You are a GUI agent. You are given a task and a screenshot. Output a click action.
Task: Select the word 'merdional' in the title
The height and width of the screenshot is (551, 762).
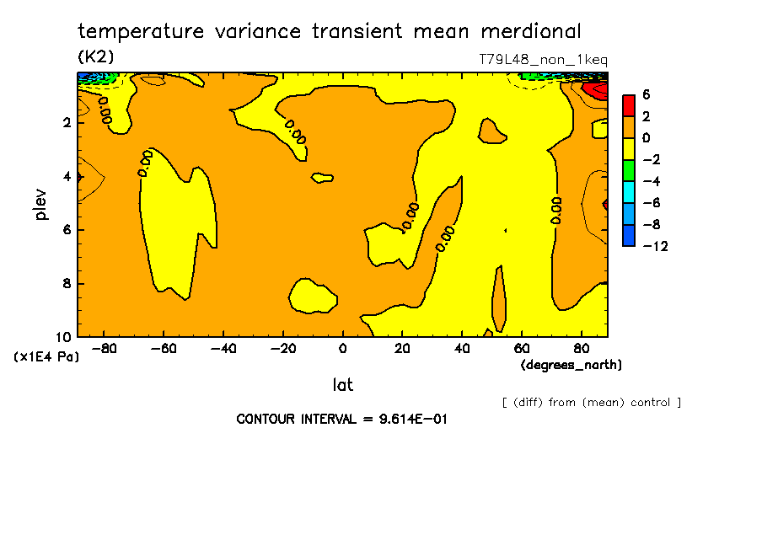click(531, 32)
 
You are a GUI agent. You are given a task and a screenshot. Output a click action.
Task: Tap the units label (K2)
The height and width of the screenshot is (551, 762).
click(95, 56)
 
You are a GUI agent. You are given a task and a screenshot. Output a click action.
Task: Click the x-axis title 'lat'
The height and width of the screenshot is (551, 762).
click(342, 385)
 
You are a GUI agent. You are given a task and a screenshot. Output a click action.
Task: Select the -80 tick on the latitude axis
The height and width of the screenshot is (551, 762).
click(104, 348)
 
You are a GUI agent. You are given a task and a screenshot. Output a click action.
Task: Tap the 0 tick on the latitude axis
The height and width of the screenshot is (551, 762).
click(343, 348)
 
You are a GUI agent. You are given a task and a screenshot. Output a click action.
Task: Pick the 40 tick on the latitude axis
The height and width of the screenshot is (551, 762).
click(462, 348)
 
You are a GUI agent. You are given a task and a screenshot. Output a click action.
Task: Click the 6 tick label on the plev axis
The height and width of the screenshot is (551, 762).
click(67, 230)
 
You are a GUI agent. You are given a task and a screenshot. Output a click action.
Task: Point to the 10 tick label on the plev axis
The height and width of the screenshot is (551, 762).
click(64, 336)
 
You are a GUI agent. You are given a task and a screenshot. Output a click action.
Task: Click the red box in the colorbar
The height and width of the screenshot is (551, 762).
click(629, 105)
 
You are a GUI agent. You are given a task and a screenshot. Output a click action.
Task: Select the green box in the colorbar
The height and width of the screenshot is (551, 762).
click(629, 170)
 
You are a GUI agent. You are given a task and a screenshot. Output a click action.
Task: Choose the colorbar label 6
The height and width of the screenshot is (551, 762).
click(647, 94)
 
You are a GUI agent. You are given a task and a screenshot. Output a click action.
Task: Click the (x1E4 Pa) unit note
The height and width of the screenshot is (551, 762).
click(46, 357)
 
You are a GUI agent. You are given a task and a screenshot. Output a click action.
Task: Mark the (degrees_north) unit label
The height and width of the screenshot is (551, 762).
click(571, 364)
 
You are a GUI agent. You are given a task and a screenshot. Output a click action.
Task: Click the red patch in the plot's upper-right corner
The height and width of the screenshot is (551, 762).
click(599, 88)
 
